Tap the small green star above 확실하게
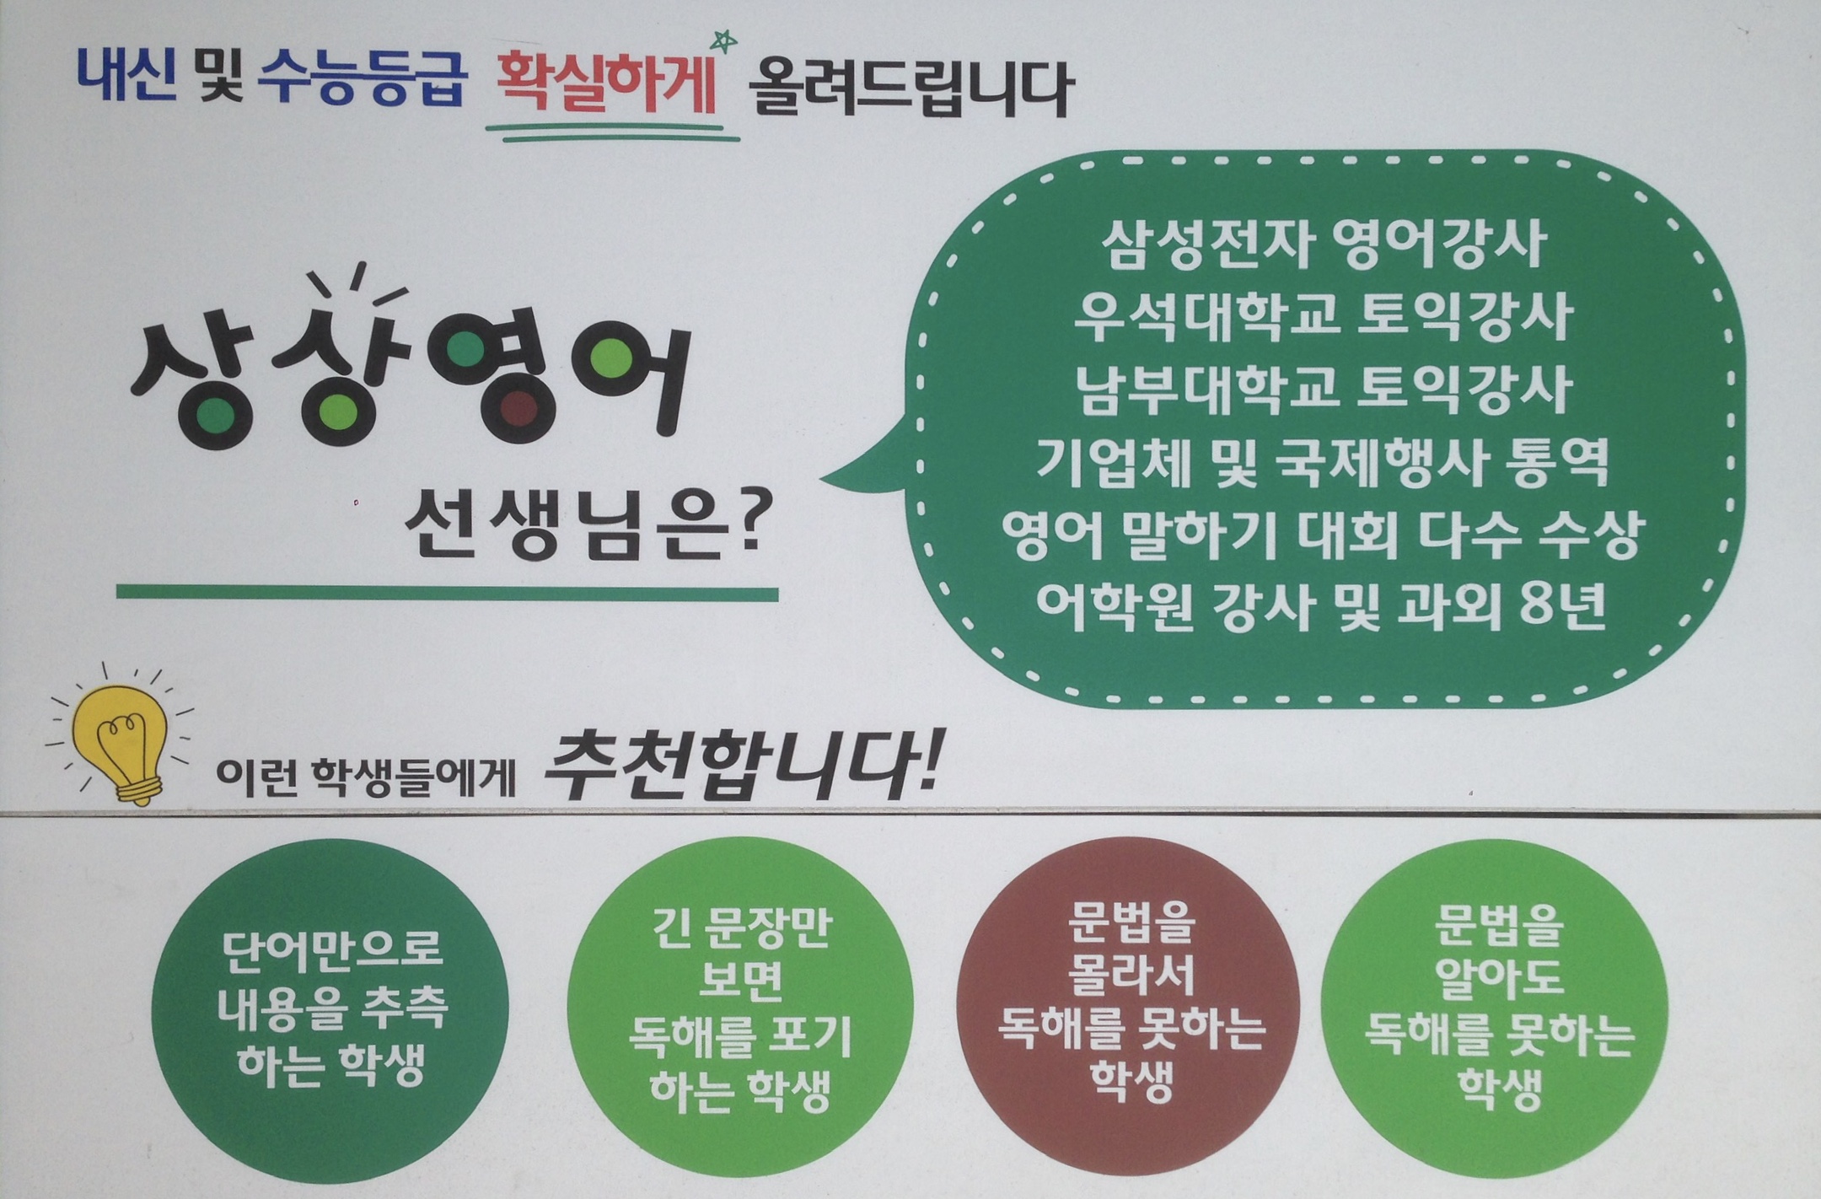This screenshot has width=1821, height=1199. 723,40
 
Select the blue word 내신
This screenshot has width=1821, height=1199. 127,77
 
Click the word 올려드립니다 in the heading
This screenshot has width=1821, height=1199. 910,89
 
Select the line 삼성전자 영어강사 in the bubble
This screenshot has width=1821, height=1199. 1323,244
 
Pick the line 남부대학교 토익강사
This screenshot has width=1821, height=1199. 1323,390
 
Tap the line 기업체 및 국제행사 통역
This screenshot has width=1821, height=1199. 1323,462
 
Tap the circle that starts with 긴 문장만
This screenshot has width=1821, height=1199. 740,1008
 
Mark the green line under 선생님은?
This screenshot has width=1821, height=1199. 447,593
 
